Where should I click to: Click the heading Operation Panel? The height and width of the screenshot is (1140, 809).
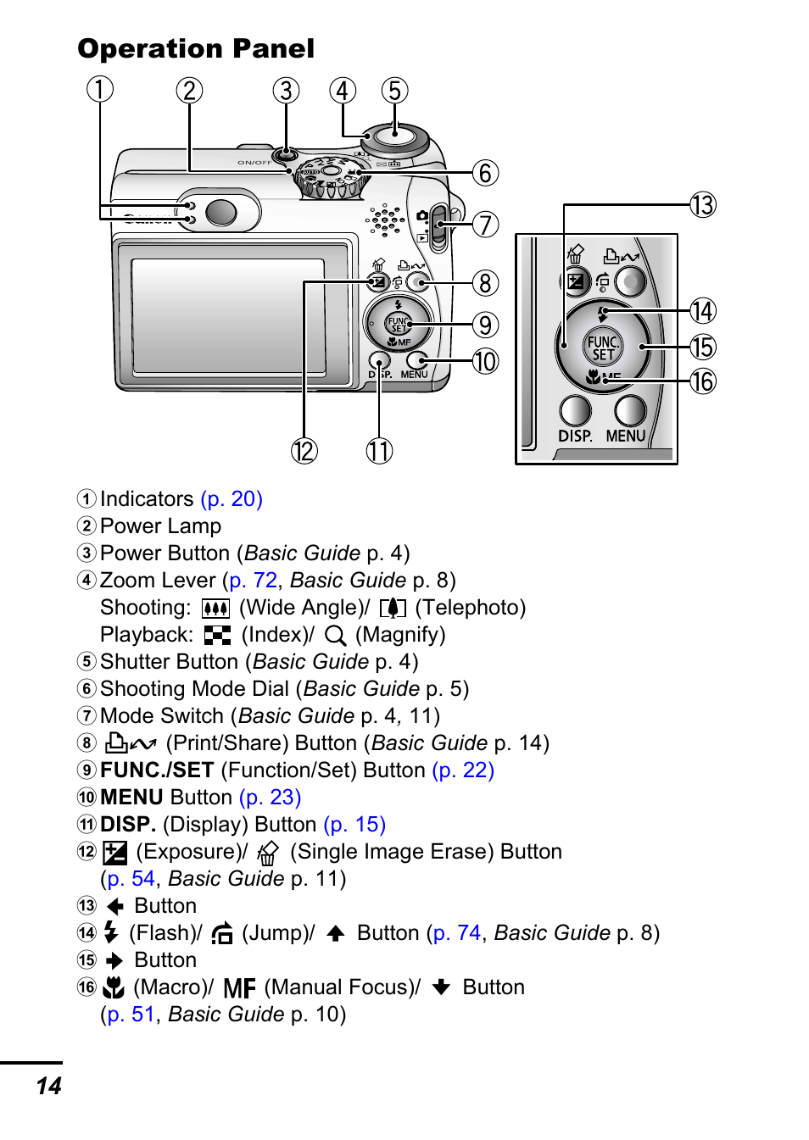[x=196, y=49]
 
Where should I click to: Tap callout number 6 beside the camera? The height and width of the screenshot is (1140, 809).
[x=485, y=173]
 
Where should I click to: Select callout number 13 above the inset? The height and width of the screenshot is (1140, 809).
[x=703, y=204]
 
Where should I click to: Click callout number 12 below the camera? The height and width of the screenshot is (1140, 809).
[x=304, y=450]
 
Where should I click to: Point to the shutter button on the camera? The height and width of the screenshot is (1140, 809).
[x=395, y=135]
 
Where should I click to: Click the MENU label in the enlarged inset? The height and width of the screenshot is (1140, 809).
[x=626, y=436]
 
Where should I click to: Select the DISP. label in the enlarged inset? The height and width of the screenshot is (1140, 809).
[x=575, y=436]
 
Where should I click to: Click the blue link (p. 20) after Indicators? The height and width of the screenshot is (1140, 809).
[x=232, y=499]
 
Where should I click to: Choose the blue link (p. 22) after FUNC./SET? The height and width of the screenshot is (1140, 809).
[x=463, y=770]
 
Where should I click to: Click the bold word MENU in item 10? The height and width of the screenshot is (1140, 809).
[x=131, y=798]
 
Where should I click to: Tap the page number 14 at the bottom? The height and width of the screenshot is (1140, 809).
[x=49, y=1086]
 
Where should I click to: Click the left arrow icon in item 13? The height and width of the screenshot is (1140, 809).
[x=115, y=906]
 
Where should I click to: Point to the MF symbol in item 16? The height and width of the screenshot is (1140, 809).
[x=240, y=988]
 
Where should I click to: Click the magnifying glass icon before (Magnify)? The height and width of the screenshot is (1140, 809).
[x=336, y=636]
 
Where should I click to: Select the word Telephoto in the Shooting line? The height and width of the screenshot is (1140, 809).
[x=470, y=608]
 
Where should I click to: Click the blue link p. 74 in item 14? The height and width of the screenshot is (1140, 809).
[x=457, y=933]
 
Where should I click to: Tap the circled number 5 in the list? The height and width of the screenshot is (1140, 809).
[x=86, y=662]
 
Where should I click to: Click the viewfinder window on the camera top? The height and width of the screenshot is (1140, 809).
[x=220, y=212]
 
